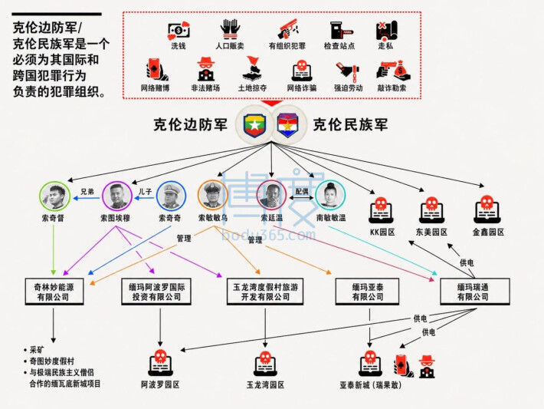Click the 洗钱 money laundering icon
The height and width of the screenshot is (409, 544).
pos(179,31)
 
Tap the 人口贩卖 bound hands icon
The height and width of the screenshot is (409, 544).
pos(230,29)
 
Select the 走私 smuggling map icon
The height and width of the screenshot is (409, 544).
pos(386,31)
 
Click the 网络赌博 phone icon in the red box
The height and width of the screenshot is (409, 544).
pos(156,70)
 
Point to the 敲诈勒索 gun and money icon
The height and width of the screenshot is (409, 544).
pos(393,70)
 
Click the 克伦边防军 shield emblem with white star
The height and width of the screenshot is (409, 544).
pos(254,125)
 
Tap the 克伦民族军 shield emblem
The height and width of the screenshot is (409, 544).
pos(287,125)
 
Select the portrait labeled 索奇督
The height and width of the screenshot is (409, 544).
pos(54,196)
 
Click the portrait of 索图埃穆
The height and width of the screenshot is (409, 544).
pos(117,196)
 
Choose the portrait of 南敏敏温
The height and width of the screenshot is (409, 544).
pos(330,195)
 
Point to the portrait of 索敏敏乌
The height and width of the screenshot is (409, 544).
pos(212,195)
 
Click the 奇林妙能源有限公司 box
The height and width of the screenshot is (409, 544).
pos(54,292)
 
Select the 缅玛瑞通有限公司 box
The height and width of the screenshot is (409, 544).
pos(474,292)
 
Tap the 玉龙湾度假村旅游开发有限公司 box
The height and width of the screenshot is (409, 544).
pos(265,292)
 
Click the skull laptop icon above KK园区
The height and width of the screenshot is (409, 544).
pos(381,210)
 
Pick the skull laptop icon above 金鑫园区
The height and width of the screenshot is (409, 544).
pos(487,209)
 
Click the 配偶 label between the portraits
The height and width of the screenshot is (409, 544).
pos(302,192)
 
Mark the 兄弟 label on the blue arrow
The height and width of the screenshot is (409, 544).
pos(87,192)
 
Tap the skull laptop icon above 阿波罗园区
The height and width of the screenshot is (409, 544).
pos(160,363)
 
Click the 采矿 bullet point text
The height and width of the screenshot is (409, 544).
pos(37,350)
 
